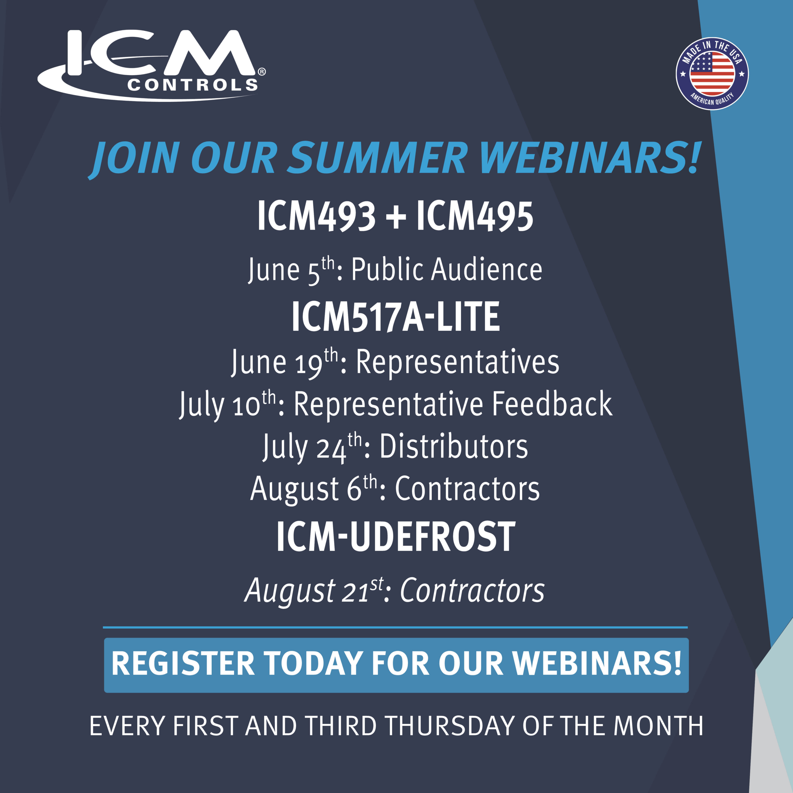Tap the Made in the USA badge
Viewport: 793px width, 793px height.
point(712,74)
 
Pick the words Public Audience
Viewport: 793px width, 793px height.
point(447,270)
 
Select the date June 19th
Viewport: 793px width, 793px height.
point(284,362)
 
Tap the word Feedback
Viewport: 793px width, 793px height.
point(552,404)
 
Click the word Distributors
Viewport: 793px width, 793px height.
point(453,447)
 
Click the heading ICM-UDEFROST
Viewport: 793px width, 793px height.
point(396,537)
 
